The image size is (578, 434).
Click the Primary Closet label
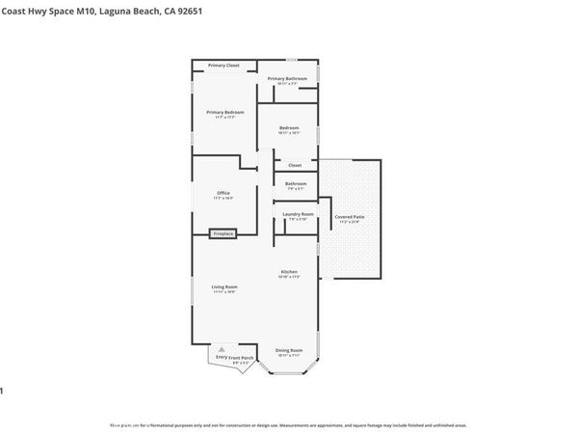point(223,66)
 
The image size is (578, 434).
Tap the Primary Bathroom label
point(287,78)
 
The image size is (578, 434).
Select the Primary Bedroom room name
point(225,112)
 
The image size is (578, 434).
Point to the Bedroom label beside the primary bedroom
point(289,128)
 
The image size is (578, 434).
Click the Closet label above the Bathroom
point(295,165)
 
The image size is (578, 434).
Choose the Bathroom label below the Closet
point(296,183)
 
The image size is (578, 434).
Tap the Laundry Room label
point(298,214)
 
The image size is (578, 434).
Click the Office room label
point(223,192)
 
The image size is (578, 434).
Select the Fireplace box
point(223,233)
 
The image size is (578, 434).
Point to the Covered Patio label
point(350,217)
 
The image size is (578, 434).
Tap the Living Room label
point(224,286)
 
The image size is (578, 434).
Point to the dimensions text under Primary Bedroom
point(225,118)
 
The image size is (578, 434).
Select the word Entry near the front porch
point(221,357)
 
